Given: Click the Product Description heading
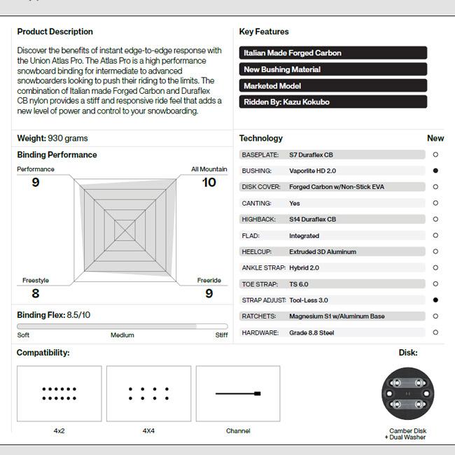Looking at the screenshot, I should (55, 31).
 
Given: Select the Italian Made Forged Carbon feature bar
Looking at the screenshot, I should (332, 53).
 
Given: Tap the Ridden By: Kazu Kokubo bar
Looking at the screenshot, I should (332, 102).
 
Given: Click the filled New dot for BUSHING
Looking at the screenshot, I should (435, 171).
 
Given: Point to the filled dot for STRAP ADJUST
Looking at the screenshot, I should (435, 300).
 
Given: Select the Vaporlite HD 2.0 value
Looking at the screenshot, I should (312, 171).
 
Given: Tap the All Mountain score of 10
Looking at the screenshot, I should (209, 183).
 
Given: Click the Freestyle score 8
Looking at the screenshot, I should (36, 294).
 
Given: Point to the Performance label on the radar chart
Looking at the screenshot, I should (36, 169).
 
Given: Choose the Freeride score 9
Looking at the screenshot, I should (209, 294).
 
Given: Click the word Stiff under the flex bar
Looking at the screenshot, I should (221, 335).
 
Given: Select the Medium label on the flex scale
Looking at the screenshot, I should (122, 335).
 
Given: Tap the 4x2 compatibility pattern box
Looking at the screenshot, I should (59, 393).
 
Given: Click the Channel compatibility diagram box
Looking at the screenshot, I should (238, 393).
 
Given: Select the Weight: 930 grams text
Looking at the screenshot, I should (52, 139).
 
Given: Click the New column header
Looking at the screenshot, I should (435, 139).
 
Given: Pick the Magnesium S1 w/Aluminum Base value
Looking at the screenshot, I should (337, 316).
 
